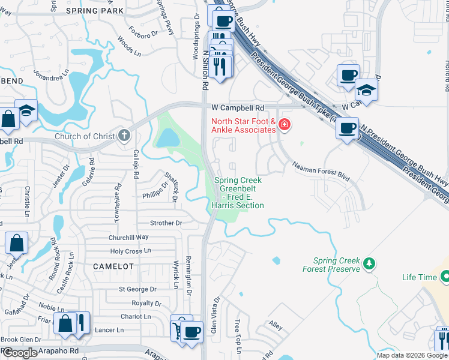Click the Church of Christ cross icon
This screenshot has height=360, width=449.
coord(124,135)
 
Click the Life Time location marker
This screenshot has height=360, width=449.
coord(445,277)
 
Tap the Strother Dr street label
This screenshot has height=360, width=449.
coord(166,223)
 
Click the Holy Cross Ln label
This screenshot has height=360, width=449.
coord(130,251)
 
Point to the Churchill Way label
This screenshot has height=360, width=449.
coord(128,237)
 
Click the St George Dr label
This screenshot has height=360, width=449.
coord(137,289)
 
